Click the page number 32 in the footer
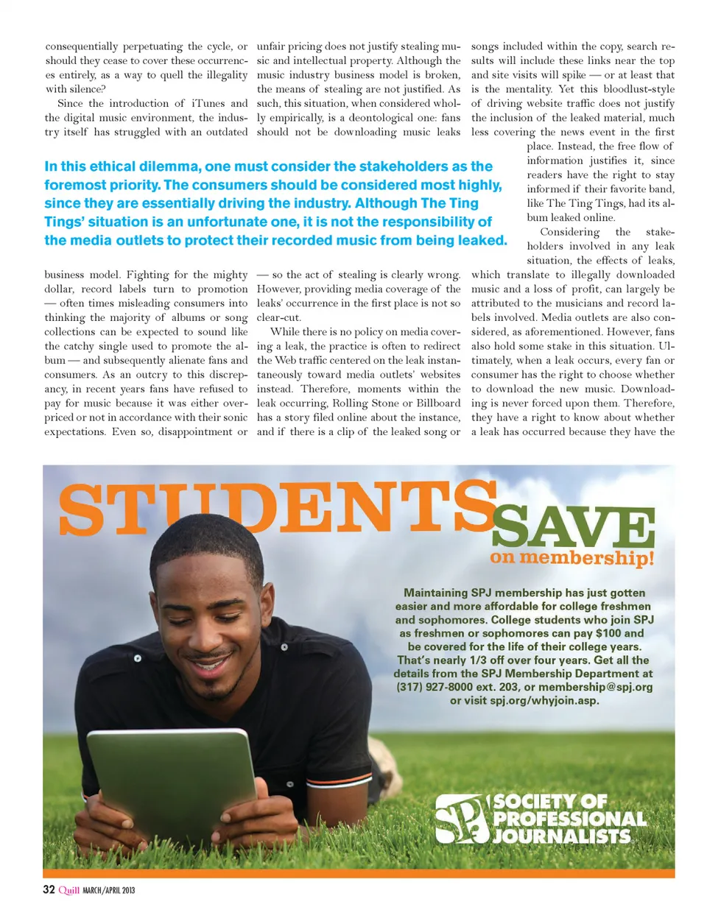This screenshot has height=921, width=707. [x=49, y=889]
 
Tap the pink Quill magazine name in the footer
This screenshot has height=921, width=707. [x=68, y=890]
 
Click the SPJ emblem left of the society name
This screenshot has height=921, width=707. [x=461, y=818]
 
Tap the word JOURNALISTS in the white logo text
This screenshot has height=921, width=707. [x=562, y=836]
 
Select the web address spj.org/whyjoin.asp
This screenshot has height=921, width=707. [x=544, y=700]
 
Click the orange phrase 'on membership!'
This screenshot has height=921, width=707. [x=571, y=557]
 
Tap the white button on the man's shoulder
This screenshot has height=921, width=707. [x=137, y=658]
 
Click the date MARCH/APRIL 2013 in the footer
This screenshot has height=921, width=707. [x=108, y=890]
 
